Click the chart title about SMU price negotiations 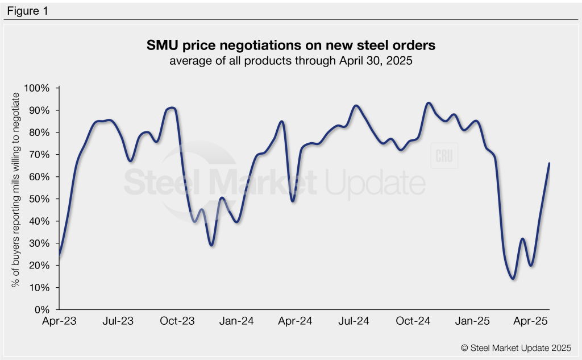click(x=291, y=45)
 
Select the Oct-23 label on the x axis click(x=177, y=321)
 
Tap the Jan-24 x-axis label click(x=236, y=321)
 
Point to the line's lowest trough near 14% click(x=513, y=279)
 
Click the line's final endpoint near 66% click(x=549, y=163)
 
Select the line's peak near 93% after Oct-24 click(x=428, y=103)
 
